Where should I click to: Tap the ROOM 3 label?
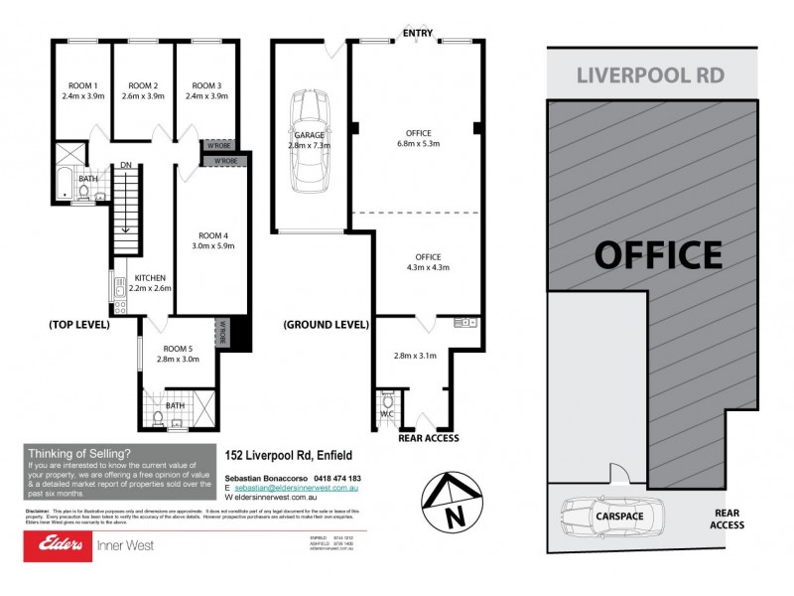[x=206, y=84]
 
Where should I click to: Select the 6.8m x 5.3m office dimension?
[x=418, y=144]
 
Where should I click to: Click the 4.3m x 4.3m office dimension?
[x=429, y=267]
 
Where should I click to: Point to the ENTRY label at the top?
[x=417, y=34]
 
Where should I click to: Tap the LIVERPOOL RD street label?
[x=651, y=75]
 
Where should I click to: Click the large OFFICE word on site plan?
[x=658, y=255]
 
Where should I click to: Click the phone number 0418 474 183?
[x=336, y=479]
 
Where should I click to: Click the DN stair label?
[x=126, y=165]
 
